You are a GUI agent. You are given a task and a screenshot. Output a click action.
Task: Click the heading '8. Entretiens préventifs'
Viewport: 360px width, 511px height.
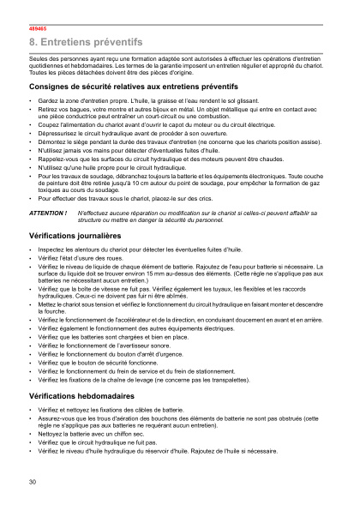86,41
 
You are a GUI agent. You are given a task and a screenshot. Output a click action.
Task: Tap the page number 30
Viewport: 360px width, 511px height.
33,482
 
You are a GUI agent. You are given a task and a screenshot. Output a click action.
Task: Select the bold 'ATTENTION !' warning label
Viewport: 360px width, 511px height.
48,212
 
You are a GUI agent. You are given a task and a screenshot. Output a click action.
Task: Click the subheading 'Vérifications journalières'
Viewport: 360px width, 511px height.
75,234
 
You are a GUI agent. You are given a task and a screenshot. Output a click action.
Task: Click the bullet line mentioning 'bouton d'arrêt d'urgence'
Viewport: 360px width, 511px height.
115,355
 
